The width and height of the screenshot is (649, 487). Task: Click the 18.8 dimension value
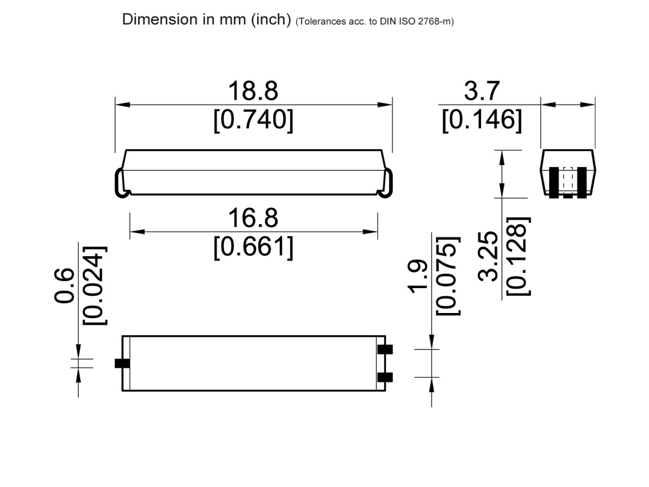click(253, 91)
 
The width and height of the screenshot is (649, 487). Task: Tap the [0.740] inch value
click(253, 121)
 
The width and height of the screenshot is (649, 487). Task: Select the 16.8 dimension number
click(253, 218)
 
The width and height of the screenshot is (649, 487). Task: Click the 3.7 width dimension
click(482, 91)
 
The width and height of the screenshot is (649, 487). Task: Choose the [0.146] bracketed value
click(482, 121)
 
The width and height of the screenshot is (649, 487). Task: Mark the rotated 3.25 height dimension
click(489, 256)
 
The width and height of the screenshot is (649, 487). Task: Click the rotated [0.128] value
click(519, 256)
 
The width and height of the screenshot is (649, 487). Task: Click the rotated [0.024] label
click(95, 286)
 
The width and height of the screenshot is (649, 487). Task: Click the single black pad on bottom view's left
click(122, 363)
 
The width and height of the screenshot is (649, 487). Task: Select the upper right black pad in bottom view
click(385, 350)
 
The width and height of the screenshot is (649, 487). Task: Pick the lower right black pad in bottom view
click(385, 377)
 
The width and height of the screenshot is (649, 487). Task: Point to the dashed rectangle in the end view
click(568, 180)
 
